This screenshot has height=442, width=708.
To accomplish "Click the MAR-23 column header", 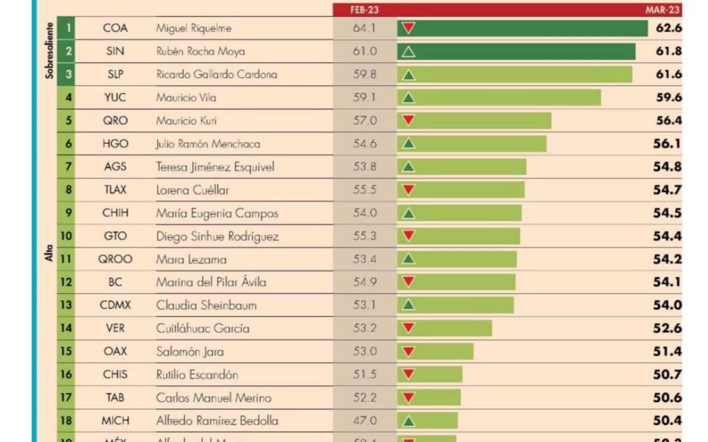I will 663,10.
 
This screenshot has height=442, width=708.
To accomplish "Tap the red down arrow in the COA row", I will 408,28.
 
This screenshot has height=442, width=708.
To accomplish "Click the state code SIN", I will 115,52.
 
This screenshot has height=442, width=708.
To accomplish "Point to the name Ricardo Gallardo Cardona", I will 216,75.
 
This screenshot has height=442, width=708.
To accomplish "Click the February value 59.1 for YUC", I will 364,98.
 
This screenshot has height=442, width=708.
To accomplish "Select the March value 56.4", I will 667,120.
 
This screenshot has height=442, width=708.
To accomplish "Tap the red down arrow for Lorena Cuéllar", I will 408,190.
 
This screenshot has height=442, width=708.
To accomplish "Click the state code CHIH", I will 115,213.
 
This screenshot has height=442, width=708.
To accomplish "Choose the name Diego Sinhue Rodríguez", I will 217,236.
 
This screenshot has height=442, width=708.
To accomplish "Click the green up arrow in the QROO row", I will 408,259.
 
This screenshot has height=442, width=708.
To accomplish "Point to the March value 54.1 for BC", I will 667,282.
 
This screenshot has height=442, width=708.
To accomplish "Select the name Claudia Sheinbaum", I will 206,305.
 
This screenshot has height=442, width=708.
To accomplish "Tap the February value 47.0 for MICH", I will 364,420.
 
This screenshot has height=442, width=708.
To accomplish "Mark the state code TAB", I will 115,397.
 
